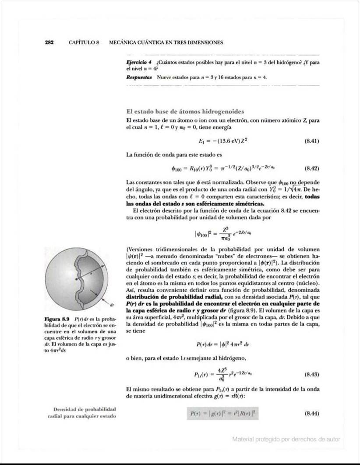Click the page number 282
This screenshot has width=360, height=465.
coord(49,42)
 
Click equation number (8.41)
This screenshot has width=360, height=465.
coord(311,141)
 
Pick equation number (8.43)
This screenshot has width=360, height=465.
coord(311,374)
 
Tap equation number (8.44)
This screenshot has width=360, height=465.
coord(311,413)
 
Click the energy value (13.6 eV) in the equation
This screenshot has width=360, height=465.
coord(231,141)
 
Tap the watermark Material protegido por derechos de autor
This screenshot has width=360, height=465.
coord(286,439)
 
